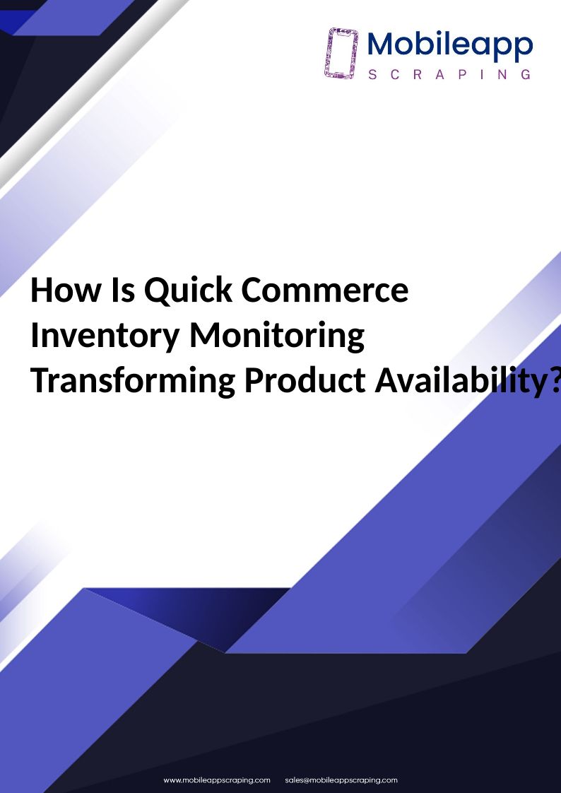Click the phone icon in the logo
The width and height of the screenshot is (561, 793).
(x=341, y=53)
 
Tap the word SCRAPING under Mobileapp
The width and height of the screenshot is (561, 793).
(x=449, y=75)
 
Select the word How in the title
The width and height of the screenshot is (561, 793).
(x=66, y=290)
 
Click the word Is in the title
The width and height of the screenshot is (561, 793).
(x=123, y=290)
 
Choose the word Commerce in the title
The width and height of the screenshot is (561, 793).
(x=325, y=290)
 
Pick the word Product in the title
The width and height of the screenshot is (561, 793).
(x=305, y=380)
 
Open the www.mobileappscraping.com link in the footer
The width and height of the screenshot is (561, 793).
(x=217, y=780)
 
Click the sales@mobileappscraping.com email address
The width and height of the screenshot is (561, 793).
(x=341, y=780)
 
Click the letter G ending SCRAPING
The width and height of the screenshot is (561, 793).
(x=526, y=75)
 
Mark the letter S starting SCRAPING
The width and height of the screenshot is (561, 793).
(x=372, y=75)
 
